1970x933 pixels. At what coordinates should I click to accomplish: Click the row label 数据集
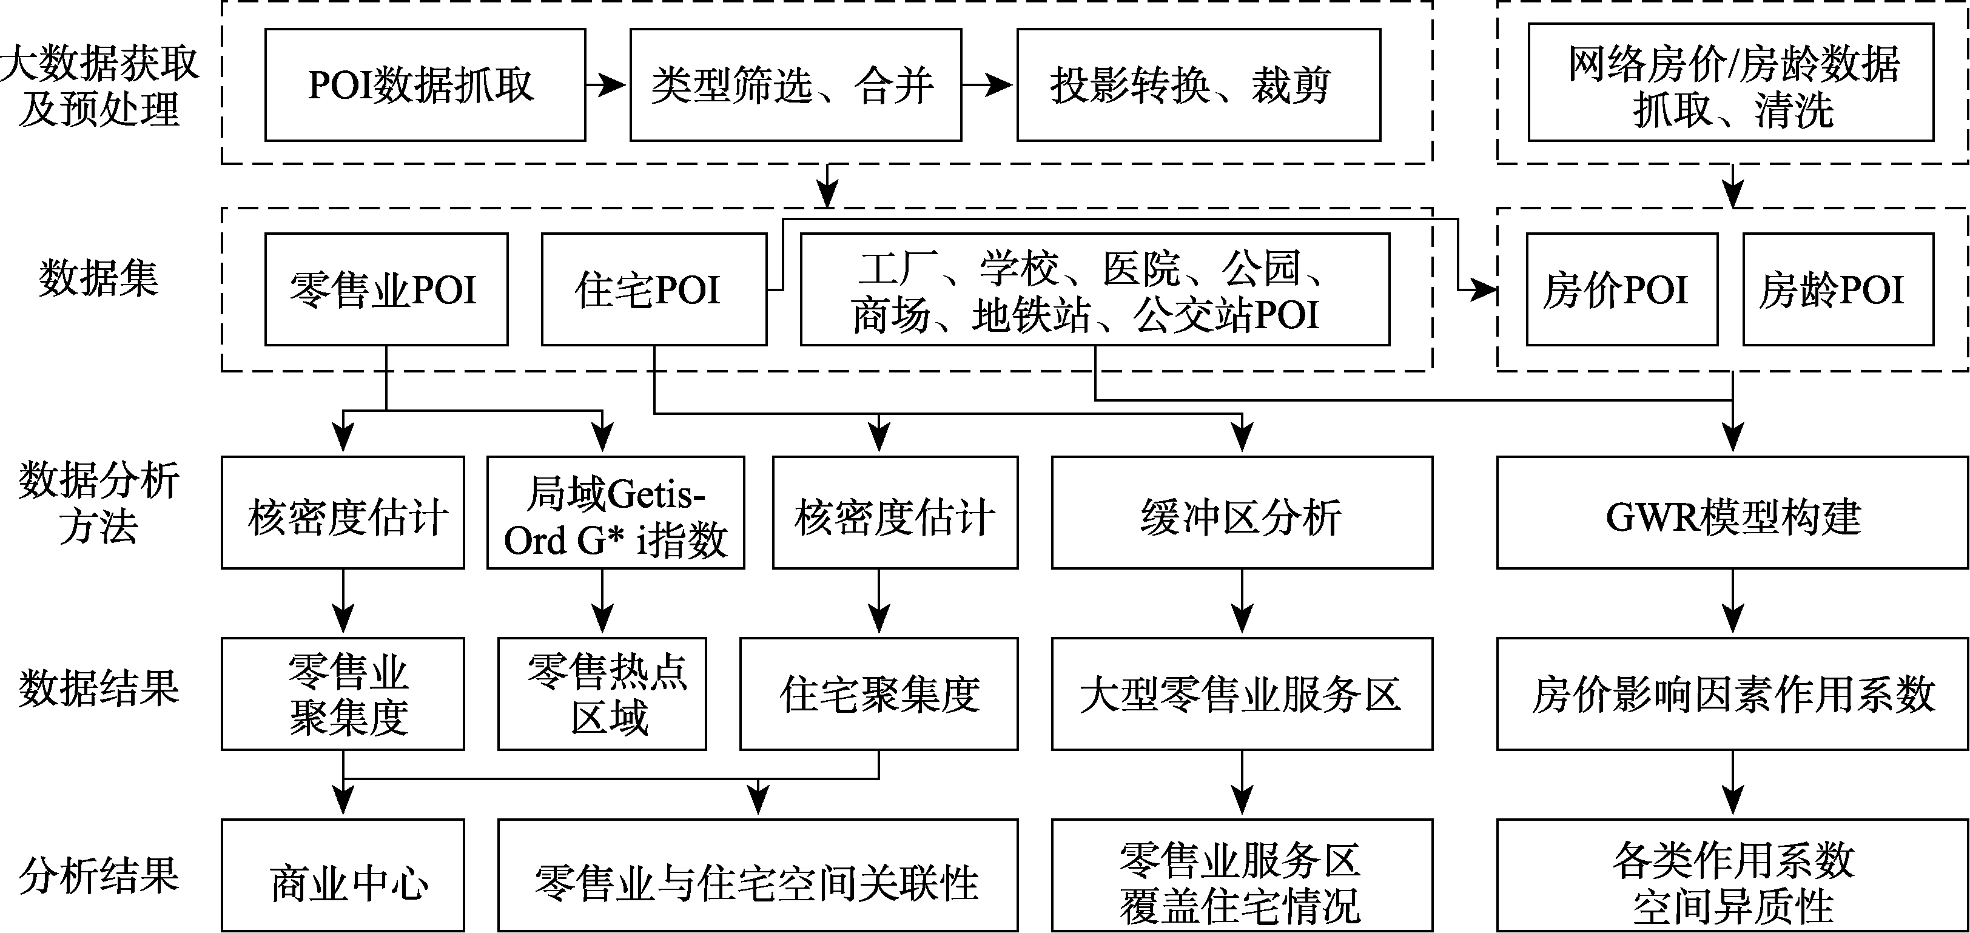point(99,278)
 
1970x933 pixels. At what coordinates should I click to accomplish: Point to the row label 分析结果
point(99,875)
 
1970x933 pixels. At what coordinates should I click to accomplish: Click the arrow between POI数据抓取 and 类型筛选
point(607,85)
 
